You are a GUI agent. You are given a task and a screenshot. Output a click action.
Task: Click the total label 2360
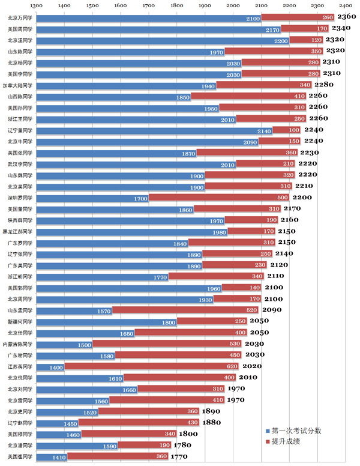(x=347, y=17)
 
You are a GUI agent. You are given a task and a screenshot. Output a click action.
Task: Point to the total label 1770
(x=179, y=457)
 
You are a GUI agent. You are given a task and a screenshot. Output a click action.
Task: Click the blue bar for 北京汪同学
(x=163, y=40)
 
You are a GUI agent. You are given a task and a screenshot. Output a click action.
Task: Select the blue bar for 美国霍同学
(x=52, y=457)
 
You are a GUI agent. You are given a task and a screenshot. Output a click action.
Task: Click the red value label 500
(x=282, y=198)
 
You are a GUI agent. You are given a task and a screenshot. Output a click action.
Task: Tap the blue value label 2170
(x=272, y=29)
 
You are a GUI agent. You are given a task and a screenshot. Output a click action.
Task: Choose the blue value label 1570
(x=103, y=310)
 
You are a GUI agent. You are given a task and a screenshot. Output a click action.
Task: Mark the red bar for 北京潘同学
(x=144, y=446)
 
